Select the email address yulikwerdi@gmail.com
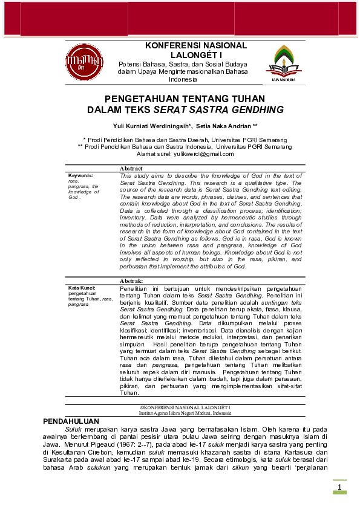[x=204, y=154]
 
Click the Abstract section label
[x=131, y=168]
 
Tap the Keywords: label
[x=80, y=175]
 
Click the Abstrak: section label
[x=131, y=281]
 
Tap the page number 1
[x=339, y=487]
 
